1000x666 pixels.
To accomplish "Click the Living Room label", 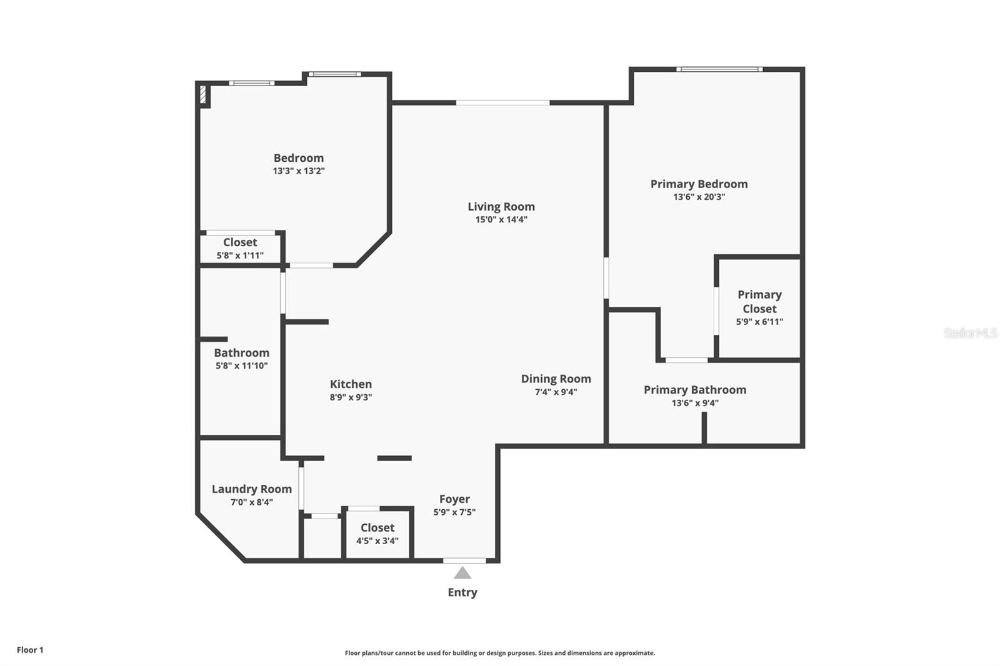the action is point(501,207).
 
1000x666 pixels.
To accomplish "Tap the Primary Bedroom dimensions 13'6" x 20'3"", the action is point(699,197).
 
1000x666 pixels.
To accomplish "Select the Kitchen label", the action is point(351,384).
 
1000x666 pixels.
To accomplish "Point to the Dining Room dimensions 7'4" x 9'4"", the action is point(556,392).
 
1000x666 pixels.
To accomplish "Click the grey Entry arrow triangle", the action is point(462,573).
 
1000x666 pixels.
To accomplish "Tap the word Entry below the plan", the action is point(462,592).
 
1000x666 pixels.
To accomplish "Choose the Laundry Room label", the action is point(252,489).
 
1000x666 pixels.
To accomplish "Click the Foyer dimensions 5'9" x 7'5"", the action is point(454,512).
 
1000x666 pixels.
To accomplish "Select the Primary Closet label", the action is point(760,302).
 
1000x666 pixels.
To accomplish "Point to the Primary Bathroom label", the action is point(695,390).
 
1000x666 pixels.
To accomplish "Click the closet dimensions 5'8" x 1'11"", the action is point(240,256).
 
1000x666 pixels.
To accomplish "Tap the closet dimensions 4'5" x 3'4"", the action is point(377,541).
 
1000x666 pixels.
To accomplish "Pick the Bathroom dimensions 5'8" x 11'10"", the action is point(241,365).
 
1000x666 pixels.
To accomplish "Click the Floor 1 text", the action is point(30,650).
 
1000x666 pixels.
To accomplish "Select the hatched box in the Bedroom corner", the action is point(203,94).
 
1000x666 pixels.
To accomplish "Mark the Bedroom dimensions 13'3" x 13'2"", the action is point(299,171).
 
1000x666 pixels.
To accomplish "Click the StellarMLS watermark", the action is point(971,332).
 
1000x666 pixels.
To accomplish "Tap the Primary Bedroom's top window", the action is point(719,69).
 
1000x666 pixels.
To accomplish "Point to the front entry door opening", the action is point(465,560).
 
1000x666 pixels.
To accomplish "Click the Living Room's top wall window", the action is point(502,102).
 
